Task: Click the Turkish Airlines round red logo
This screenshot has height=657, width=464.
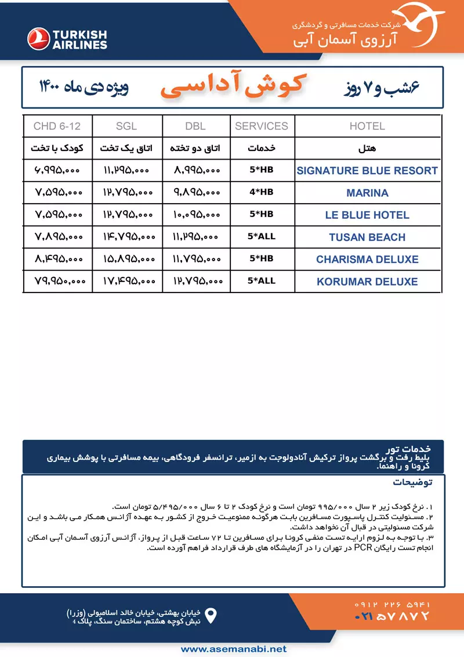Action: click(x=39, y=38)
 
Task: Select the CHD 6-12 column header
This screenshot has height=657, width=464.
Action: click(x=57, y=126)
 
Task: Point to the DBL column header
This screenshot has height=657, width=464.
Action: click(x=197, y=126)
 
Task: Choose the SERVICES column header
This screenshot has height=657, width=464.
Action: click(x=262, y=126)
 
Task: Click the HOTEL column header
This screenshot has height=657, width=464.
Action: click(x=367, y=126)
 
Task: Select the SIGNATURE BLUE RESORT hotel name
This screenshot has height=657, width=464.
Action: click(x=367, y=171)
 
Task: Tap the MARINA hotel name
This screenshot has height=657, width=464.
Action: click(x=367, y=193)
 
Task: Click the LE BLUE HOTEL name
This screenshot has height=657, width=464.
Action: click(x=367, y=215)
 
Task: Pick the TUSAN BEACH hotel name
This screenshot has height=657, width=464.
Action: click(x=367, y=237)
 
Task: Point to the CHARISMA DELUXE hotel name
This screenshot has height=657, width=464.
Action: click(x=367, y=259)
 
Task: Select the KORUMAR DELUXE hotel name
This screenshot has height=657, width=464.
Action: click(x=367, y=281)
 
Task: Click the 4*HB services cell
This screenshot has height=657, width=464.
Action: click(x=262, y=192)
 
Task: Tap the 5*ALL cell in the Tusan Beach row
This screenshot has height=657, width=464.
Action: click(x=262, y=236)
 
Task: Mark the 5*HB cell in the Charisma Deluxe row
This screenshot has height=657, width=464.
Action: click(x=262, y=259)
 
